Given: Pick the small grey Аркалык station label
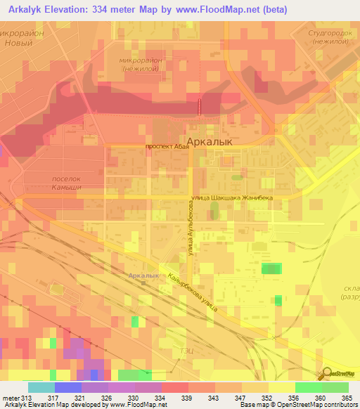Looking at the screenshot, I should (144, 275).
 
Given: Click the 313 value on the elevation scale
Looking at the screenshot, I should (27, 398).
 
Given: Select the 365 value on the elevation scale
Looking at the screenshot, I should (345, 398).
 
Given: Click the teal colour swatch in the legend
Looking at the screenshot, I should (41, 387).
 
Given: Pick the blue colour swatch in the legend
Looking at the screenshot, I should (68, 387).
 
